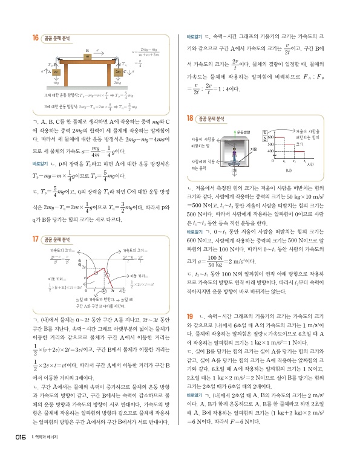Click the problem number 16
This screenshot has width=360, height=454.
click(27, 37)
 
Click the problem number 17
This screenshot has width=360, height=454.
click(27, 222)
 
